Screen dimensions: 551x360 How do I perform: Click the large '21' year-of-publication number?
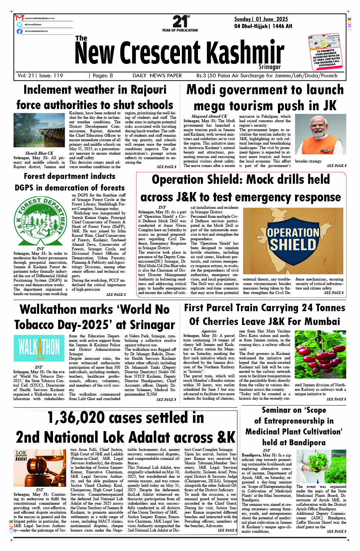tap(179, 22)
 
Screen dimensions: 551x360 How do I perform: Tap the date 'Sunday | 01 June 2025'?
tap(261, 19)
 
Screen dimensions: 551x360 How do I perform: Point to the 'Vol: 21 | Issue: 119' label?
tap(40, 75)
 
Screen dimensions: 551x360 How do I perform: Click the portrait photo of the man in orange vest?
tap(320, 134)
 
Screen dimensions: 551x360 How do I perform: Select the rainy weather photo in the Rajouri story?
tap(39, 130)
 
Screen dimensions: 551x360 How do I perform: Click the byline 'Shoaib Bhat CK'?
tap(39, 153)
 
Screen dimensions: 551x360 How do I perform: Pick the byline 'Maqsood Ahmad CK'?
tap(209, 116)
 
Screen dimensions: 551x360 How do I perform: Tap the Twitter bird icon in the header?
tap(19, 24)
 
